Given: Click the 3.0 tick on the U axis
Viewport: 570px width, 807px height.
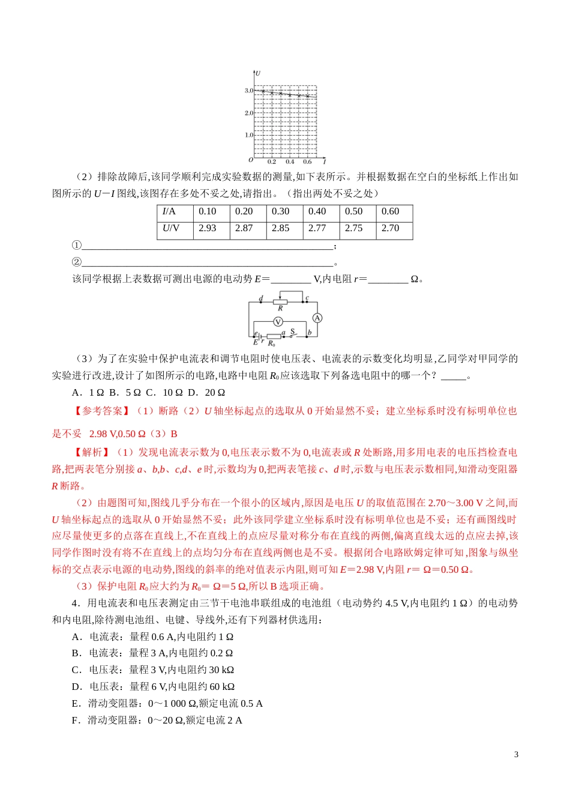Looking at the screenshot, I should (248, 91).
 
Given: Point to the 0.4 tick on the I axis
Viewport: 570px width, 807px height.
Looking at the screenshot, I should (290, 162).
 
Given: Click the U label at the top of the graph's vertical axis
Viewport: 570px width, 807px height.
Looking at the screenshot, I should (257, 73).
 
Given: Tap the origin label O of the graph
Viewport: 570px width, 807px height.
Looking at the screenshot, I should (251, 160).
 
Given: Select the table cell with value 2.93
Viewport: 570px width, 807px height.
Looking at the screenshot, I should (207, 228).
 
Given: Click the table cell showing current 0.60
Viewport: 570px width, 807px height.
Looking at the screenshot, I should (390, 211).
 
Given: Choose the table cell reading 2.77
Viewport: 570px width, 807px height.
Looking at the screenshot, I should (317, 228).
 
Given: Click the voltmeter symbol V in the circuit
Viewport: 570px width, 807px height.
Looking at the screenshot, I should (278, 322).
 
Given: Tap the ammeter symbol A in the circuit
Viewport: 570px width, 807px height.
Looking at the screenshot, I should (317, 318).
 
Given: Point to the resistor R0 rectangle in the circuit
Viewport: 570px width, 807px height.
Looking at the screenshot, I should (274, 336).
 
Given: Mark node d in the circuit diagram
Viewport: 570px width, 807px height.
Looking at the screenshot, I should (261, 299).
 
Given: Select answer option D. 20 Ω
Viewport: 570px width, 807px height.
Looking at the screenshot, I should (206, 392).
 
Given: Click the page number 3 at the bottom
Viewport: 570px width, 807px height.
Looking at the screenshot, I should (516, 755).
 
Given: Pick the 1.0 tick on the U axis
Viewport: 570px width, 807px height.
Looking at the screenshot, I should (248, 135).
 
